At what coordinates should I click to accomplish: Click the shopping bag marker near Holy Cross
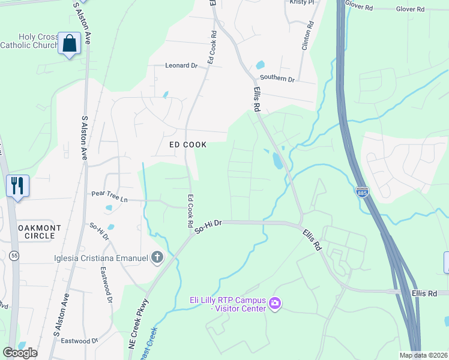pos(70,44)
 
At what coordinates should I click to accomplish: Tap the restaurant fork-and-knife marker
pos(17,185)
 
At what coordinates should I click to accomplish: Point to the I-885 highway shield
pos(362,192)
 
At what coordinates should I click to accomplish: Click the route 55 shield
pos(13,256)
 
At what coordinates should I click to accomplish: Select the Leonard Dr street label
pos(181,65)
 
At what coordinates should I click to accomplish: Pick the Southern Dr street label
pos(277,79)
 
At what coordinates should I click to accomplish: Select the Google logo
pos(20,353)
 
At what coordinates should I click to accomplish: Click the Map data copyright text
pos(423,355)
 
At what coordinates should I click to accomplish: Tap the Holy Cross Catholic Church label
pos(29,41)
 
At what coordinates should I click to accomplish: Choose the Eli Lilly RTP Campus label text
pos(218,304)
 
